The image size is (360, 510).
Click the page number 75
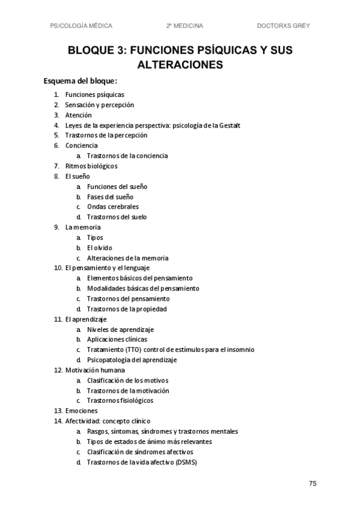(313, 484)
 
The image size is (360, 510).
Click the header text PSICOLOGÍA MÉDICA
(82, 25)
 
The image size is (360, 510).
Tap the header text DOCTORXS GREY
(283, 25)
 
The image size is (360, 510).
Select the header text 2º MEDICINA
(185, 25)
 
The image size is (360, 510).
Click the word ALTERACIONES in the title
(180, 64)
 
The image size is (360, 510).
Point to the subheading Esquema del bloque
(80, 81)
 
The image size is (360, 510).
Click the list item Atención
(79, 115)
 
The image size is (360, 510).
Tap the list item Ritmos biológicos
(91, 166)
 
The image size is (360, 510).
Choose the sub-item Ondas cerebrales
(112, 206)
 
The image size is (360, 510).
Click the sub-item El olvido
(99, 247)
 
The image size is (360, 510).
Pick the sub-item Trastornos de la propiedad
(126, 309)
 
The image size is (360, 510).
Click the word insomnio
(239, 349)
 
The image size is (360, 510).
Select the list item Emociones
(81, 411)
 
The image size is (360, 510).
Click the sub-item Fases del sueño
(110, 197)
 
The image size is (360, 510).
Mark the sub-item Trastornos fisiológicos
(120, 401)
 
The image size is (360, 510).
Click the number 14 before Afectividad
(58, 421)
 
